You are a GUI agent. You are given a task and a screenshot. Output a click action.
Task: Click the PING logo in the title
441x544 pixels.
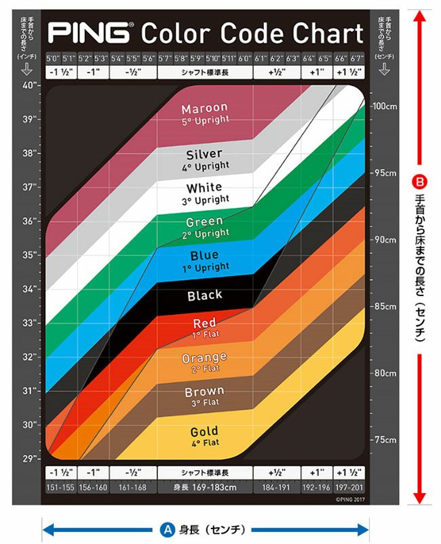click(x=89, y=33)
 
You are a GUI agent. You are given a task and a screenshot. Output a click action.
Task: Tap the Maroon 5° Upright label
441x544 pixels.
click(x=204, y=114)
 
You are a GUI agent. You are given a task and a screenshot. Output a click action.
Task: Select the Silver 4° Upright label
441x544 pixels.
click(x=204, y=159)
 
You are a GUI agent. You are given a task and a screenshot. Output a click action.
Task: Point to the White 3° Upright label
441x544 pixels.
click(x=204, y=193)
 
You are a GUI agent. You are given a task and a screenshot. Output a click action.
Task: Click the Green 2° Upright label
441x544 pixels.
click(x=204, y=226)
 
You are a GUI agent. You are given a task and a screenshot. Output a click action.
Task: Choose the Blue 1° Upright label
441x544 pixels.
click(x=204, y=261)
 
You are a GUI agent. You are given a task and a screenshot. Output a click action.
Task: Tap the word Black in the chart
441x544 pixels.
click(x=204, y=295)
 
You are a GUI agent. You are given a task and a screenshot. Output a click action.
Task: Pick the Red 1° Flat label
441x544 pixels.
click(x=204, y=329)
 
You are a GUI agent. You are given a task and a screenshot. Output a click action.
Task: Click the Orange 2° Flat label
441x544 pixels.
click(x=204, y=362)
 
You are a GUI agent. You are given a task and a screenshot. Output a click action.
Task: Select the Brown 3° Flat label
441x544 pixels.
click(x=204, y=396)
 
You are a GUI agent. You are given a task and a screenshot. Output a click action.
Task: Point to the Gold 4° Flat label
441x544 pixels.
click(x=204, y=436)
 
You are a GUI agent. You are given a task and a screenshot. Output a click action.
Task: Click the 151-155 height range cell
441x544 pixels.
click(x=60, y=486)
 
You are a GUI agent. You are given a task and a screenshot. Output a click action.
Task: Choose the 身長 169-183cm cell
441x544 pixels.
click(x=206, y=486)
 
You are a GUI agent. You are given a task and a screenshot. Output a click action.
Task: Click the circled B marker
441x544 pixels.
click(x=420, y=183)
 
